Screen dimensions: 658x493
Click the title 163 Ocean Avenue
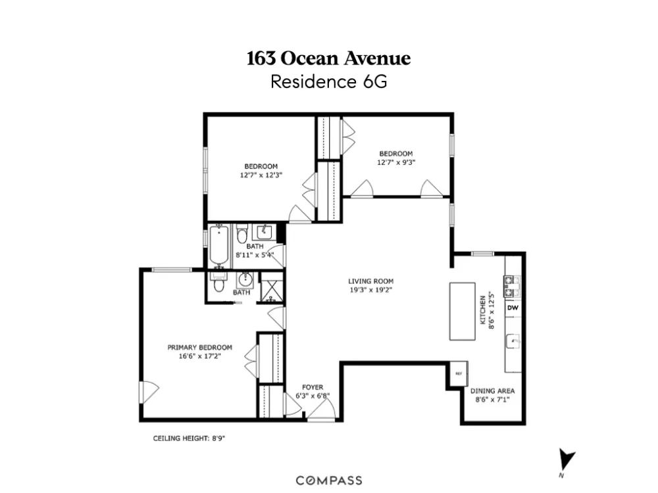[x=328, y=59]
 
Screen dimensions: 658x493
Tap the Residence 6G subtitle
[x=328, y=82]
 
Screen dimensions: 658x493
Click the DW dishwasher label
[x=513, y=308]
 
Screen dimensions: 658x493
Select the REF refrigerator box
[x=459, y=373]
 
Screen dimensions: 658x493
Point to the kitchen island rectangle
[x=463, y=311]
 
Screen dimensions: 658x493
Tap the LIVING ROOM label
[x=371, y=281]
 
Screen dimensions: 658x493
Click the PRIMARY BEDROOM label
[x=200, y=347]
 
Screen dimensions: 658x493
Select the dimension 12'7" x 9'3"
[x=396, y=162]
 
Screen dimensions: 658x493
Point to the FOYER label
[x=313, y=387]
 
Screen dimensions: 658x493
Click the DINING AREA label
[x=492, y=390]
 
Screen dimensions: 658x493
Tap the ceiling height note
[x=189, y=438]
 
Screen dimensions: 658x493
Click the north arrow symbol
[x=567, y=461]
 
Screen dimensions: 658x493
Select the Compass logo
[x=329, y=481]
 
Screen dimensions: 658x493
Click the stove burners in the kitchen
[x=512, y=287]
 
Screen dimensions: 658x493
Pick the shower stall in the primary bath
[x=271, y=287]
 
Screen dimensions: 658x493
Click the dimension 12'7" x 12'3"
[x=261, y=176]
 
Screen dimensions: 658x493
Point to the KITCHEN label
[x=482, y=310]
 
